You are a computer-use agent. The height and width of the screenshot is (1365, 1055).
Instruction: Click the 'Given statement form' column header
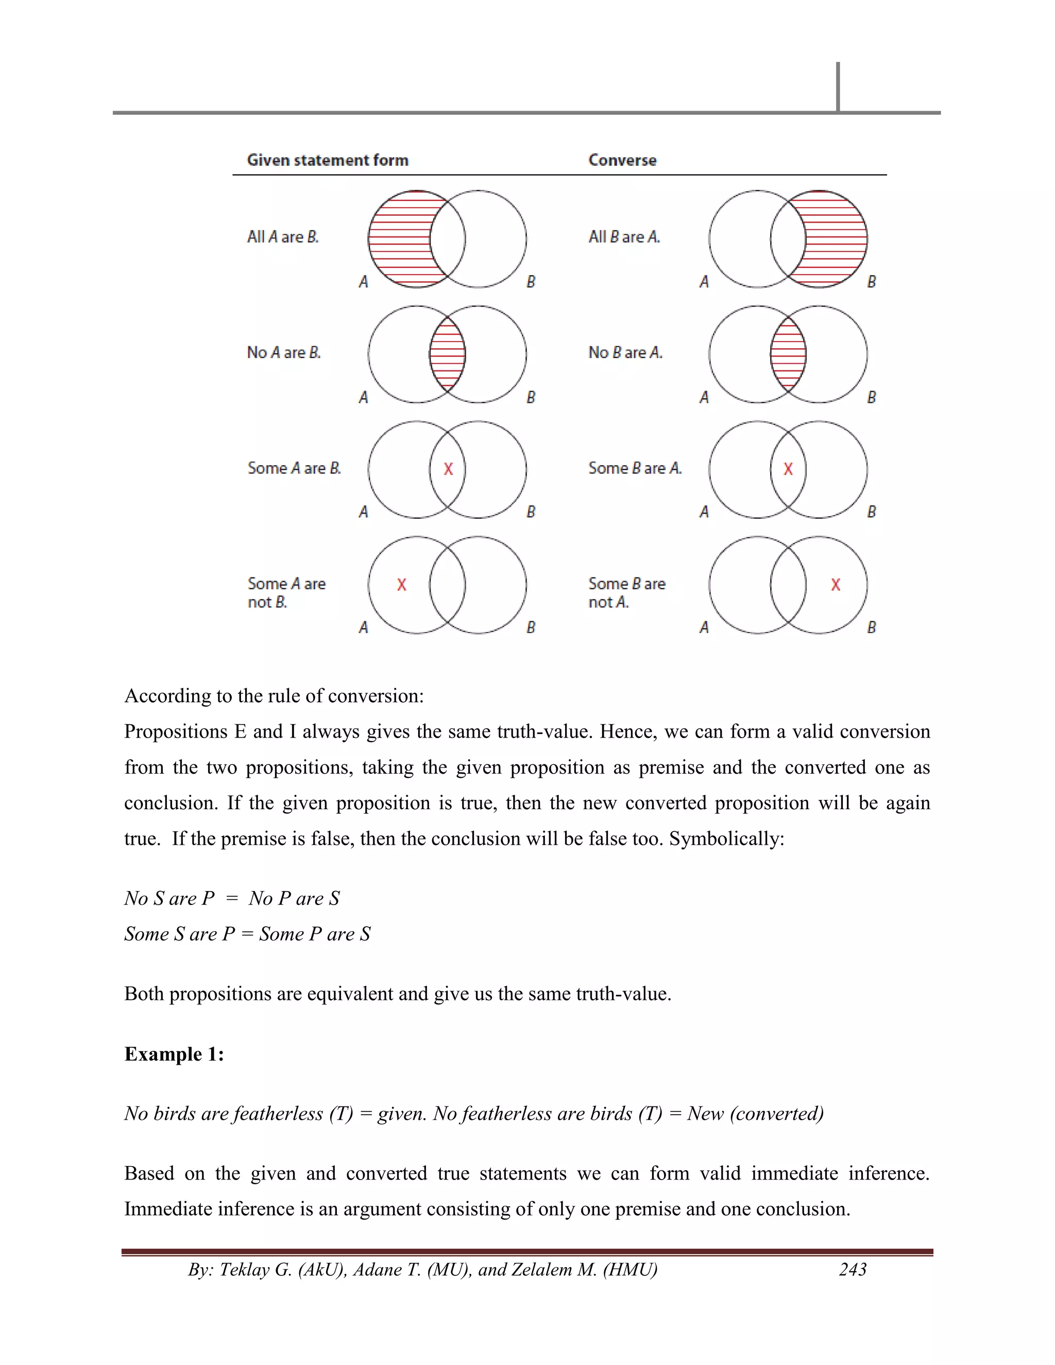tap(328, 160)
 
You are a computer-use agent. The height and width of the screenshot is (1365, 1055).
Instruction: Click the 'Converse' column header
tap(622, 160)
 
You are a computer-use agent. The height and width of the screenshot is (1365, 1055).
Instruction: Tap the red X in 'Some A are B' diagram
tap(448, 469)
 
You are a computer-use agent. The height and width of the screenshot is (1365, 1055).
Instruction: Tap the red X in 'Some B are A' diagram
tap(788, 469)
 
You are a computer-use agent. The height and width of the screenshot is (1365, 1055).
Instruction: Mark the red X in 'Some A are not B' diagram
tap(401, 585)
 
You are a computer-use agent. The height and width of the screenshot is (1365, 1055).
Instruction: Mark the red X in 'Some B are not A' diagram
tap(836, 585)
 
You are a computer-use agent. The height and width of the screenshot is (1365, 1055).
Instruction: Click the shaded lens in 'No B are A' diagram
tap(788, 354)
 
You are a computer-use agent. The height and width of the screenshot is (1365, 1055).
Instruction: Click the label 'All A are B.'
tap(282, 237)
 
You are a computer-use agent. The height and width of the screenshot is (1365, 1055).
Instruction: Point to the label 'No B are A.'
tap(625, 352)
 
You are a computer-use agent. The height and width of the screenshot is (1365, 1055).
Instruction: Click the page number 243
tap(853, 1269)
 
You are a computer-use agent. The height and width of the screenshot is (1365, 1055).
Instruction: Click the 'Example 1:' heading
tap(174, 1054)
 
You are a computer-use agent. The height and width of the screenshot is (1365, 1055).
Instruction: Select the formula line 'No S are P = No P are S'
tap(232, 898)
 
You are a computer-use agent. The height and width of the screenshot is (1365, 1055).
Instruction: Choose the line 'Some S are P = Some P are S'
tap(247, 934)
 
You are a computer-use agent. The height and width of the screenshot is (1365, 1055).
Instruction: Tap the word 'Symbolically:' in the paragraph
tap(726, 838)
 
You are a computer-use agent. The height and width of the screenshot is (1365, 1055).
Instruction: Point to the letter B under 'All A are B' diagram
tap(531, 282)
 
